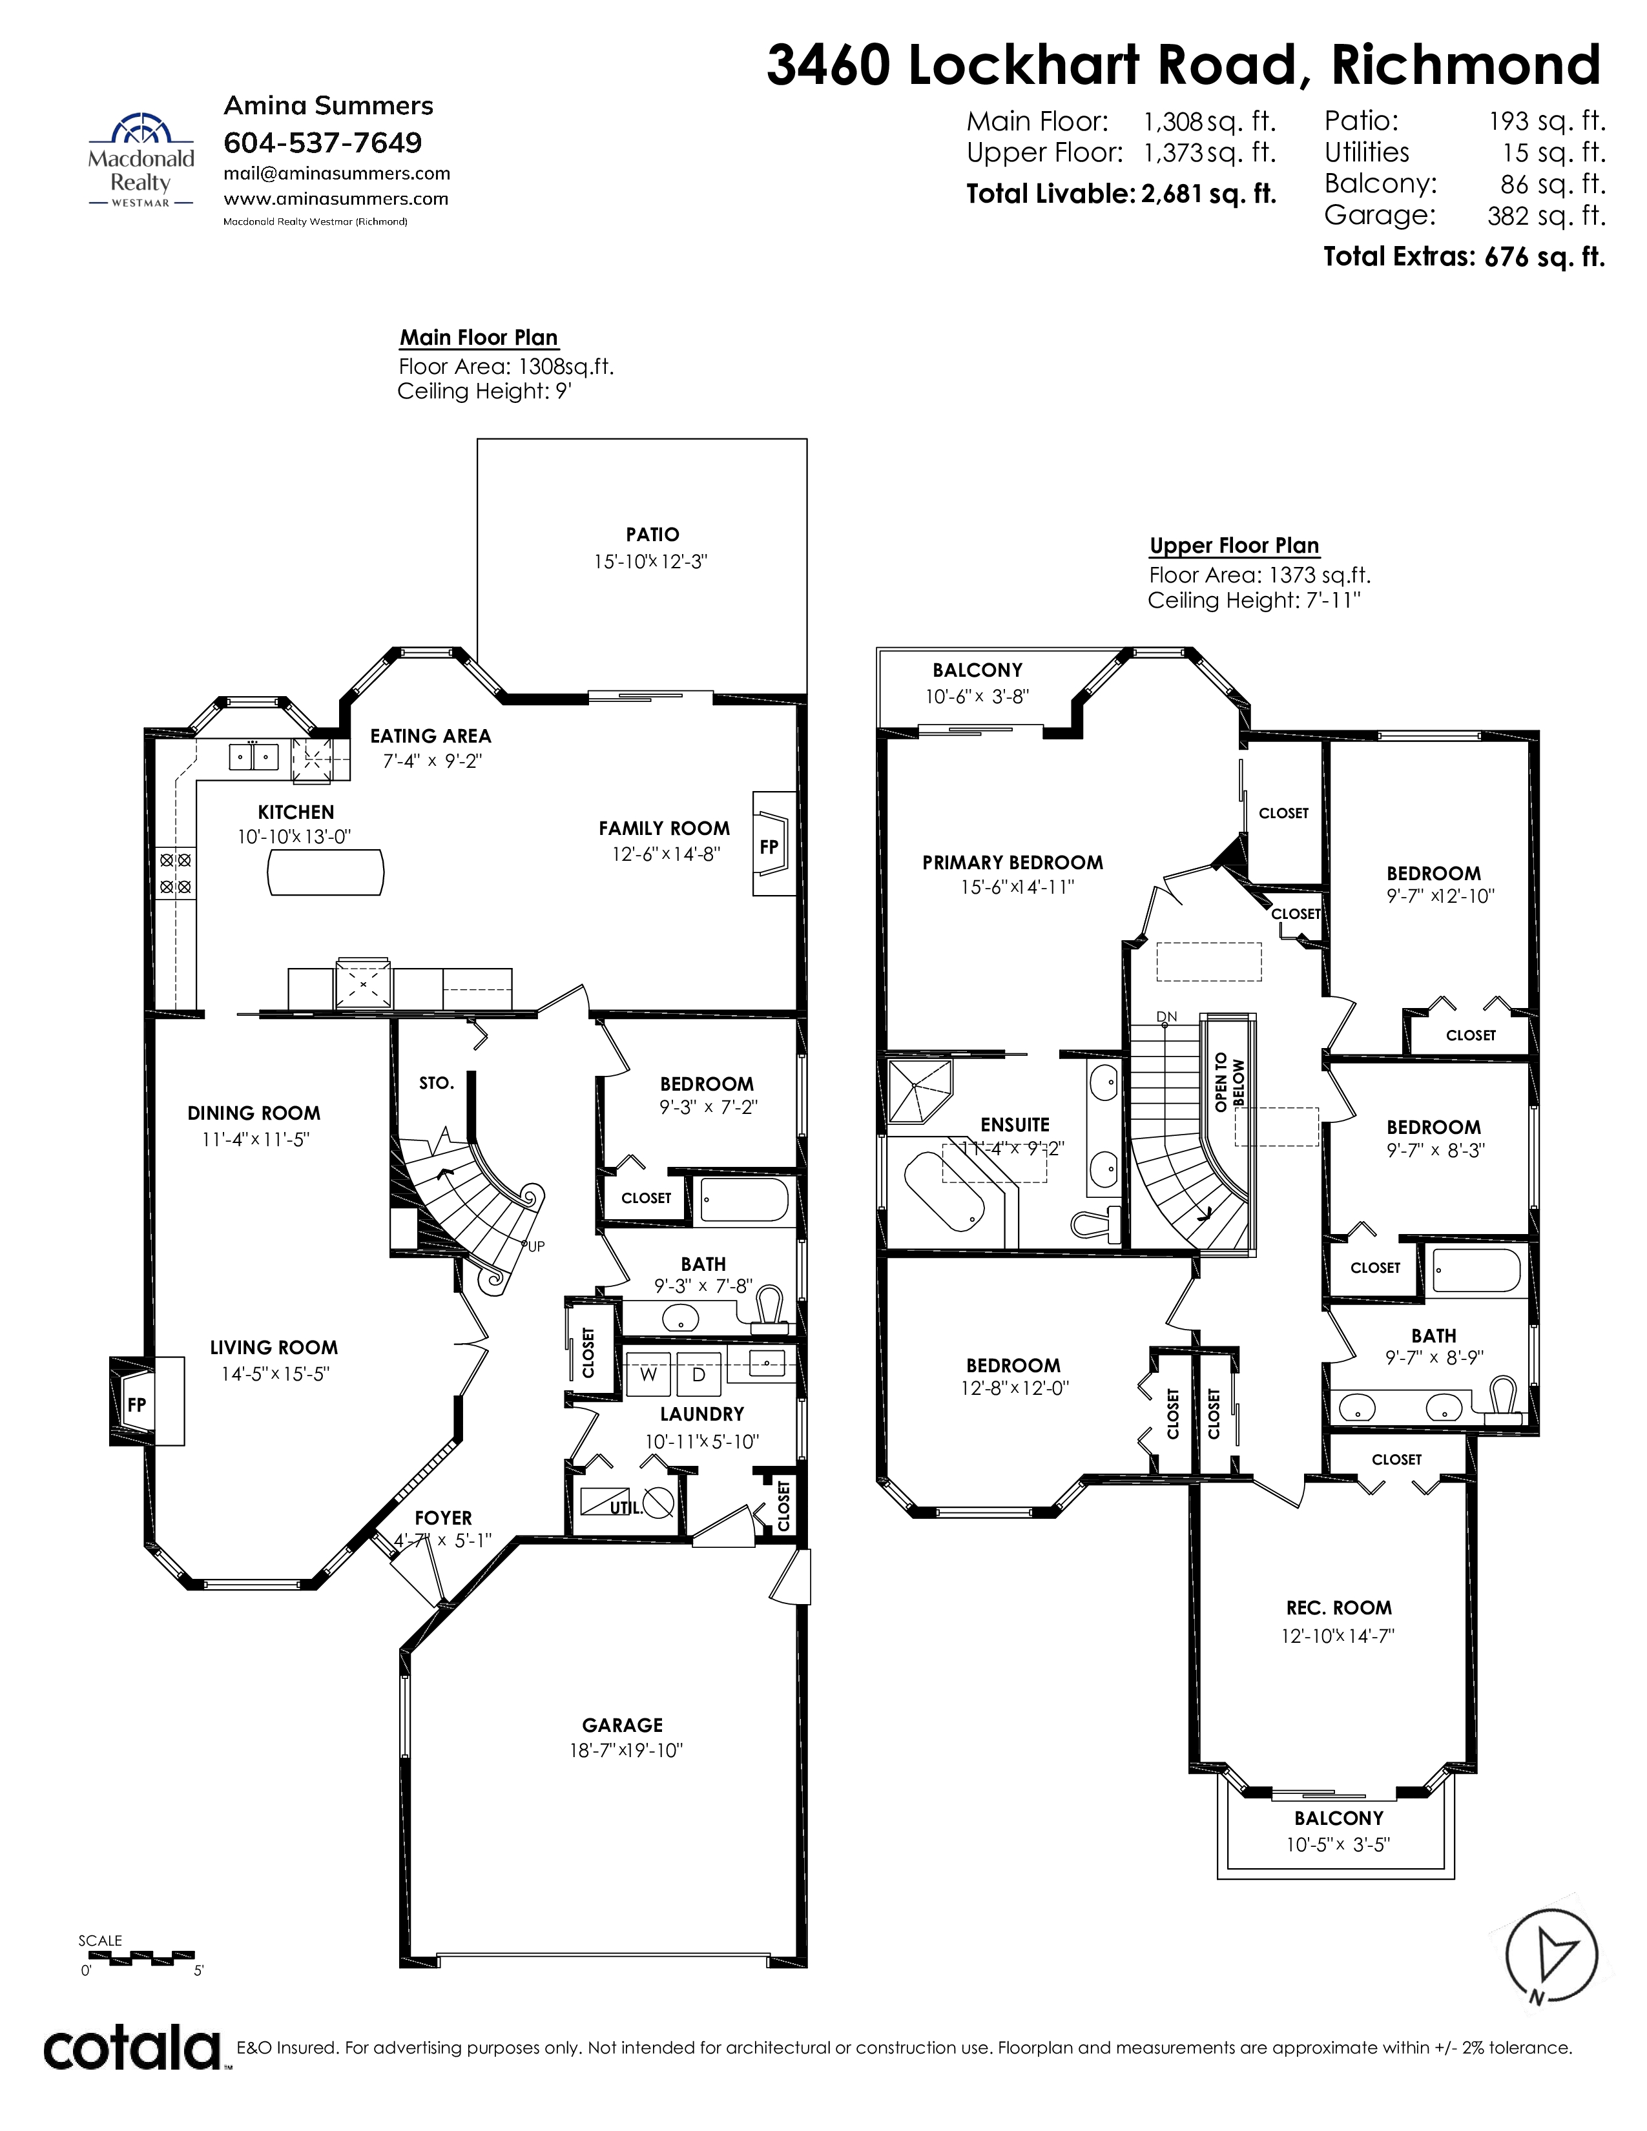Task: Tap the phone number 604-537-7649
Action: [x=323, y=143]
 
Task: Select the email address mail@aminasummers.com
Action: [x=337, y=174]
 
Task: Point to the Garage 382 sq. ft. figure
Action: [x=1546, y=216]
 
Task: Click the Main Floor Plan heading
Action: [x=478, y=338]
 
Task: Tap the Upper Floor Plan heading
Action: [x=1234, y=546]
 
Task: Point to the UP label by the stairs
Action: [x=535, y=1246]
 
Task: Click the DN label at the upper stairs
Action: [x=1167, y=1016]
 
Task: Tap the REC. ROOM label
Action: [x=1339, y=1608]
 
